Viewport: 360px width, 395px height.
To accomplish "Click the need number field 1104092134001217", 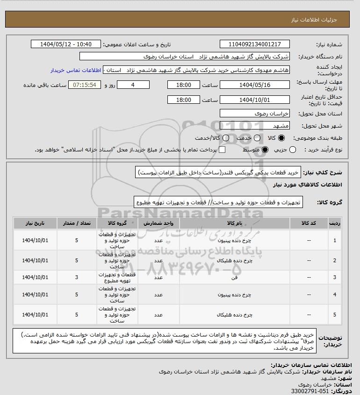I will (x=255, y=44).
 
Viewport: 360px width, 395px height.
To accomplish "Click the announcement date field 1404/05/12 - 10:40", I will (x=65, y=44).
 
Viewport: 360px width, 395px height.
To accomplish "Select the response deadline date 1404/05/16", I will (x=255, y=85).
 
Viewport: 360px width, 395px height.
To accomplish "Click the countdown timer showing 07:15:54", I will (x=85, y=85).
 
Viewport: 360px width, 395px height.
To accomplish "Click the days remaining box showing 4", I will (x=133, y=85).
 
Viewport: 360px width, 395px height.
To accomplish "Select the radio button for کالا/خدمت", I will (x=226, y=138).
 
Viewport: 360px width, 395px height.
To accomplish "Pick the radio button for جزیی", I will (x=293, y=150).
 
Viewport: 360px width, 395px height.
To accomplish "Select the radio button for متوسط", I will (x=265, y=150).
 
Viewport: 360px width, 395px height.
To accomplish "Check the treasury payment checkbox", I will (x=222, y=150).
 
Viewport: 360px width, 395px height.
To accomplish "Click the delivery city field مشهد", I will (x=255, y=126).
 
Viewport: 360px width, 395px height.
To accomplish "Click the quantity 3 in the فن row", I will (x=77, y=277).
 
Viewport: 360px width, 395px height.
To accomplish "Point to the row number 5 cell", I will (x=334, y=315).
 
